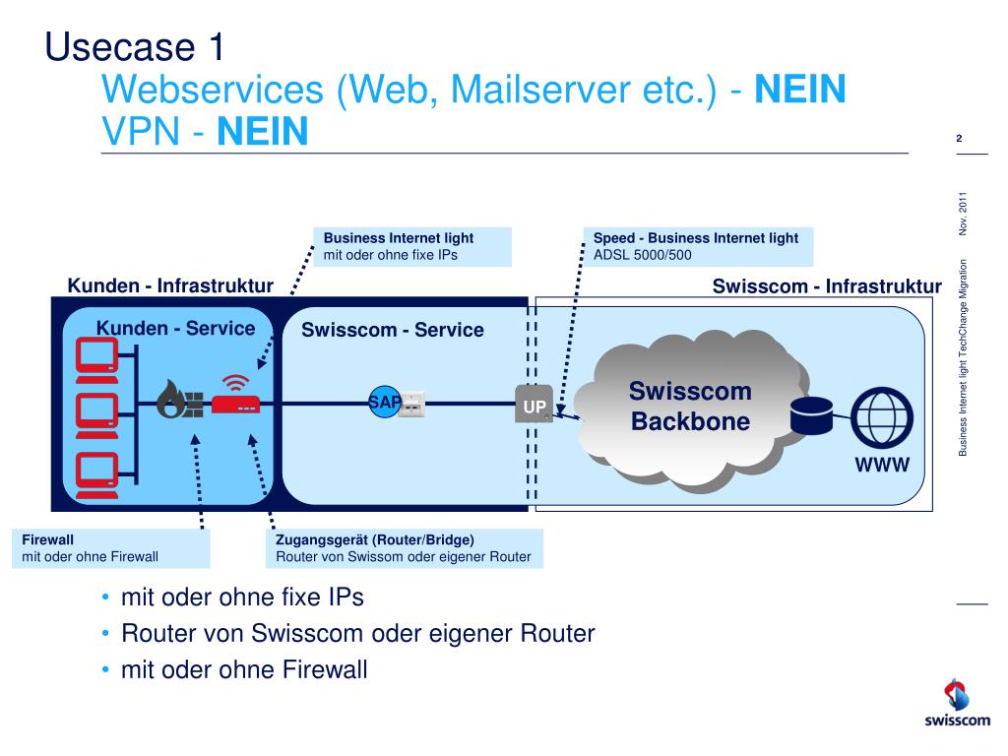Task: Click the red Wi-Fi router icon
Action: click(236, 396)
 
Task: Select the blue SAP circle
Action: click(385, 403)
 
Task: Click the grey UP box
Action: click(535, 404)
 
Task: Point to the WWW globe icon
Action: click(882, 417)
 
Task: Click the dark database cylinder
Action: click(811, 416)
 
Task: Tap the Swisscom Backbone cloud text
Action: click(690, 406)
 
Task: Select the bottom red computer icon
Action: click(97, 475)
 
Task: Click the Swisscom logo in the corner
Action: click(957, 703)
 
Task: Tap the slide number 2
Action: click(959, 138)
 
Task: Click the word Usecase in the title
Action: click(120, 47)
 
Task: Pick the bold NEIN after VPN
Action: click(262, 131)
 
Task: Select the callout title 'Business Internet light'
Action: click(399, 238)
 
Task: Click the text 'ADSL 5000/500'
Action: click(642, 255)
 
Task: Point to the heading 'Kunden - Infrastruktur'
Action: click(170, 285)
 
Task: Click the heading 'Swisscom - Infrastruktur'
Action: click(827, 286)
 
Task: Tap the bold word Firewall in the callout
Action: click(47, 539)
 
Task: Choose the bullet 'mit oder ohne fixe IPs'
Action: click(242, 598)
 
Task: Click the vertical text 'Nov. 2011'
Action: click(963, 214)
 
